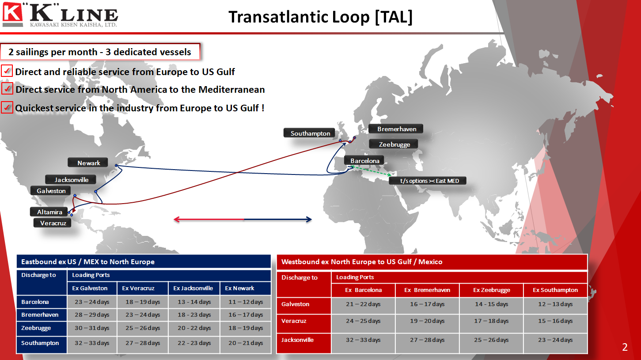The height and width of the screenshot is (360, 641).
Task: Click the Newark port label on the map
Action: click(88, 163)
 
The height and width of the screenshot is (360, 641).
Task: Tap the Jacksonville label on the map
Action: click(71, 179)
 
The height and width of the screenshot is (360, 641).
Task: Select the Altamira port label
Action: click(49, 212)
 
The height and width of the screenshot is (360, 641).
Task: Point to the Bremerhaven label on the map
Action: click(396, 129)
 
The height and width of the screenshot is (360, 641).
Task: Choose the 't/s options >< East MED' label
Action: click(428, 181)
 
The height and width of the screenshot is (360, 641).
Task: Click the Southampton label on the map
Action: click(309, 133)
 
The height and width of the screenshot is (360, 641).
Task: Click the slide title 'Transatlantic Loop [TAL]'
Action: click(321, 17)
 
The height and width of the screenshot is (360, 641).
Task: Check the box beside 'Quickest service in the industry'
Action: click(7, 108)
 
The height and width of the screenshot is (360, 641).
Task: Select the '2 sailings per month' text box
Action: click(100, 52)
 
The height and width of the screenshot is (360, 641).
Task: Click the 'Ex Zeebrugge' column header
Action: click(491, 290)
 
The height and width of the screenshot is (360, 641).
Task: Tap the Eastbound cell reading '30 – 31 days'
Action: click(92, 328)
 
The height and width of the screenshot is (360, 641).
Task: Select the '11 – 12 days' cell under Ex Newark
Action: click(245, 302)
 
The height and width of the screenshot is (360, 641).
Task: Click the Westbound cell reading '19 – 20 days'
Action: click(427, 321)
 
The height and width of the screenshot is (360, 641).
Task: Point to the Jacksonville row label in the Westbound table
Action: click(297, 340)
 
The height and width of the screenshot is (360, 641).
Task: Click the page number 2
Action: click(625, 347)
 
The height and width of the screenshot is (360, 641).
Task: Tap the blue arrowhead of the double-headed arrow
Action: click(309, 220)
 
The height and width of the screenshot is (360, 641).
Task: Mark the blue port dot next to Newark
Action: click(116, 165)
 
